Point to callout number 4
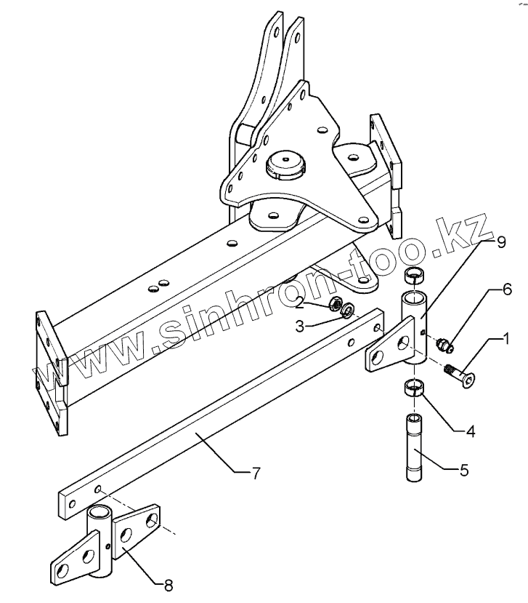pos(470,431)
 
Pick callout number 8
pos(168,583)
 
